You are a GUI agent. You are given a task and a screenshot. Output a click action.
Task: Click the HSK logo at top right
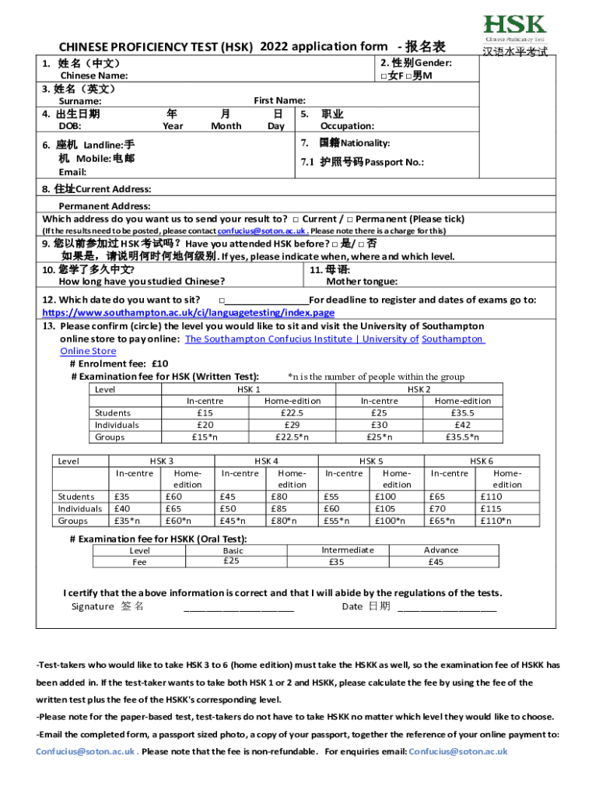[514, 28]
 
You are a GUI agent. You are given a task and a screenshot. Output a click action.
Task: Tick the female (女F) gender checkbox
[384, 76]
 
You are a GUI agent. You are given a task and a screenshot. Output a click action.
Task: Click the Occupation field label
[347, 125]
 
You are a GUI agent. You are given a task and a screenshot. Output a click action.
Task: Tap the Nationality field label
[354, 143]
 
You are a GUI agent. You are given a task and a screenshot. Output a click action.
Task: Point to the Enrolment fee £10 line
[119, 363]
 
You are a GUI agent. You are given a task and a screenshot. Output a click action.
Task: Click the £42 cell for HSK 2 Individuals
[462, 426]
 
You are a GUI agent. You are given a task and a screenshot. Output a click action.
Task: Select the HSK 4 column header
[266, 462]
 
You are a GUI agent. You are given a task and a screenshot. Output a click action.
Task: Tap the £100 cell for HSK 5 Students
[385, 497]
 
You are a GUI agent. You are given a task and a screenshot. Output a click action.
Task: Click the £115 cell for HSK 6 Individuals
[491, 509]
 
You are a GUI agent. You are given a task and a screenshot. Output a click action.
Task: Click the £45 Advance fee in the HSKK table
[436, 562]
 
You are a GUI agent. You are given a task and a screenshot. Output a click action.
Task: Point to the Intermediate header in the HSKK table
[347, 549]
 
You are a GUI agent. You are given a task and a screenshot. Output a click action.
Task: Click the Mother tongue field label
[361, 282]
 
